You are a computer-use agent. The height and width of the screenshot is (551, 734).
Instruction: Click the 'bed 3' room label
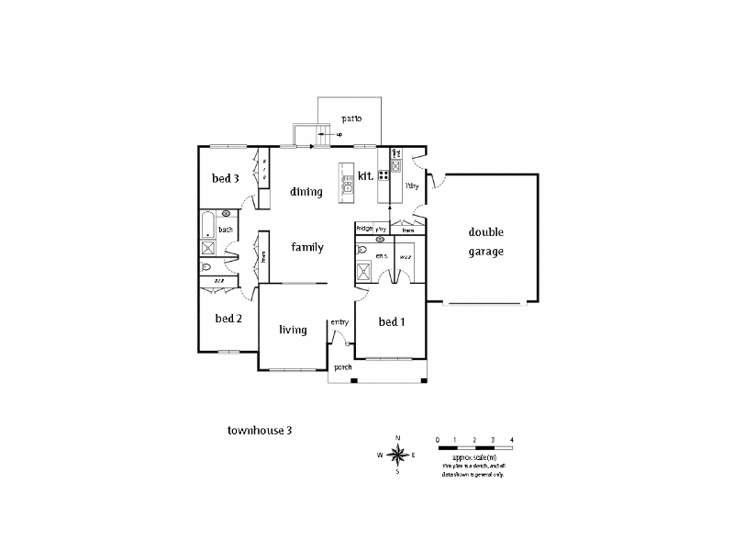pyautogui.click(x=226, y=178)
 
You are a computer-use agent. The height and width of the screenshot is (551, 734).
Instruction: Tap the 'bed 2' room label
pyautogui.click(x=228, y=319)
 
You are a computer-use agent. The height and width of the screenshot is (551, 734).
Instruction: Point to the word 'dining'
pyautogui.click(x=306, y=192)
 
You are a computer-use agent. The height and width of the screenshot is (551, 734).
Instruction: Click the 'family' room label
pyautogui.click(x=307, y=247)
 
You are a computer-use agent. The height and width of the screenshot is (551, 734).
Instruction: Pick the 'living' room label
pyautogui.click(x=293, y=330)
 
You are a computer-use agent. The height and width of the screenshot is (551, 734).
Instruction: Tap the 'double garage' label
pyautogui.click(x=485, y=242)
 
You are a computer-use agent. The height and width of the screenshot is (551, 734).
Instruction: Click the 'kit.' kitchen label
pyautogui.click(x=364, y=175)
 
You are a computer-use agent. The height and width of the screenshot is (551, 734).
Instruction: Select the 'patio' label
pyautogui.click(x=351, y=118)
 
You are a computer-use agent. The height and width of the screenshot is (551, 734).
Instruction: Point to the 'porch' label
pyautogui.click(x=343, y=367)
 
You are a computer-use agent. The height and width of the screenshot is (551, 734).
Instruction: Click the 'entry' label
pyautogui.click(x=339, y=321)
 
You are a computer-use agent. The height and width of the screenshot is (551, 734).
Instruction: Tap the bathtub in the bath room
pyautogui.click(x=208, y=224)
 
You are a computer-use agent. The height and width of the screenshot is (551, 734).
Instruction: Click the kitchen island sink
pyautogui.click(x=348, y=187)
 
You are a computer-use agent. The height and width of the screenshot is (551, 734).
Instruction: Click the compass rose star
pyautogui.click(x=397, y=455)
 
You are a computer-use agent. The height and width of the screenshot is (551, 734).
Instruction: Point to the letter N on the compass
pyautogui.click(x=397, y=437)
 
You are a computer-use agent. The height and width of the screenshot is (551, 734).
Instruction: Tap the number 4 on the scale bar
pyautogui.click(x=512, y=438)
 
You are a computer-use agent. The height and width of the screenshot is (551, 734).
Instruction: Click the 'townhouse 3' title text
pyautogui.click(x=260, y=429)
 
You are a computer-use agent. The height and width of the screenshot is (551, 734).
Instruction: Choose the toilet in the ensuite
pyautogui.click(x=363, y=249)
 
